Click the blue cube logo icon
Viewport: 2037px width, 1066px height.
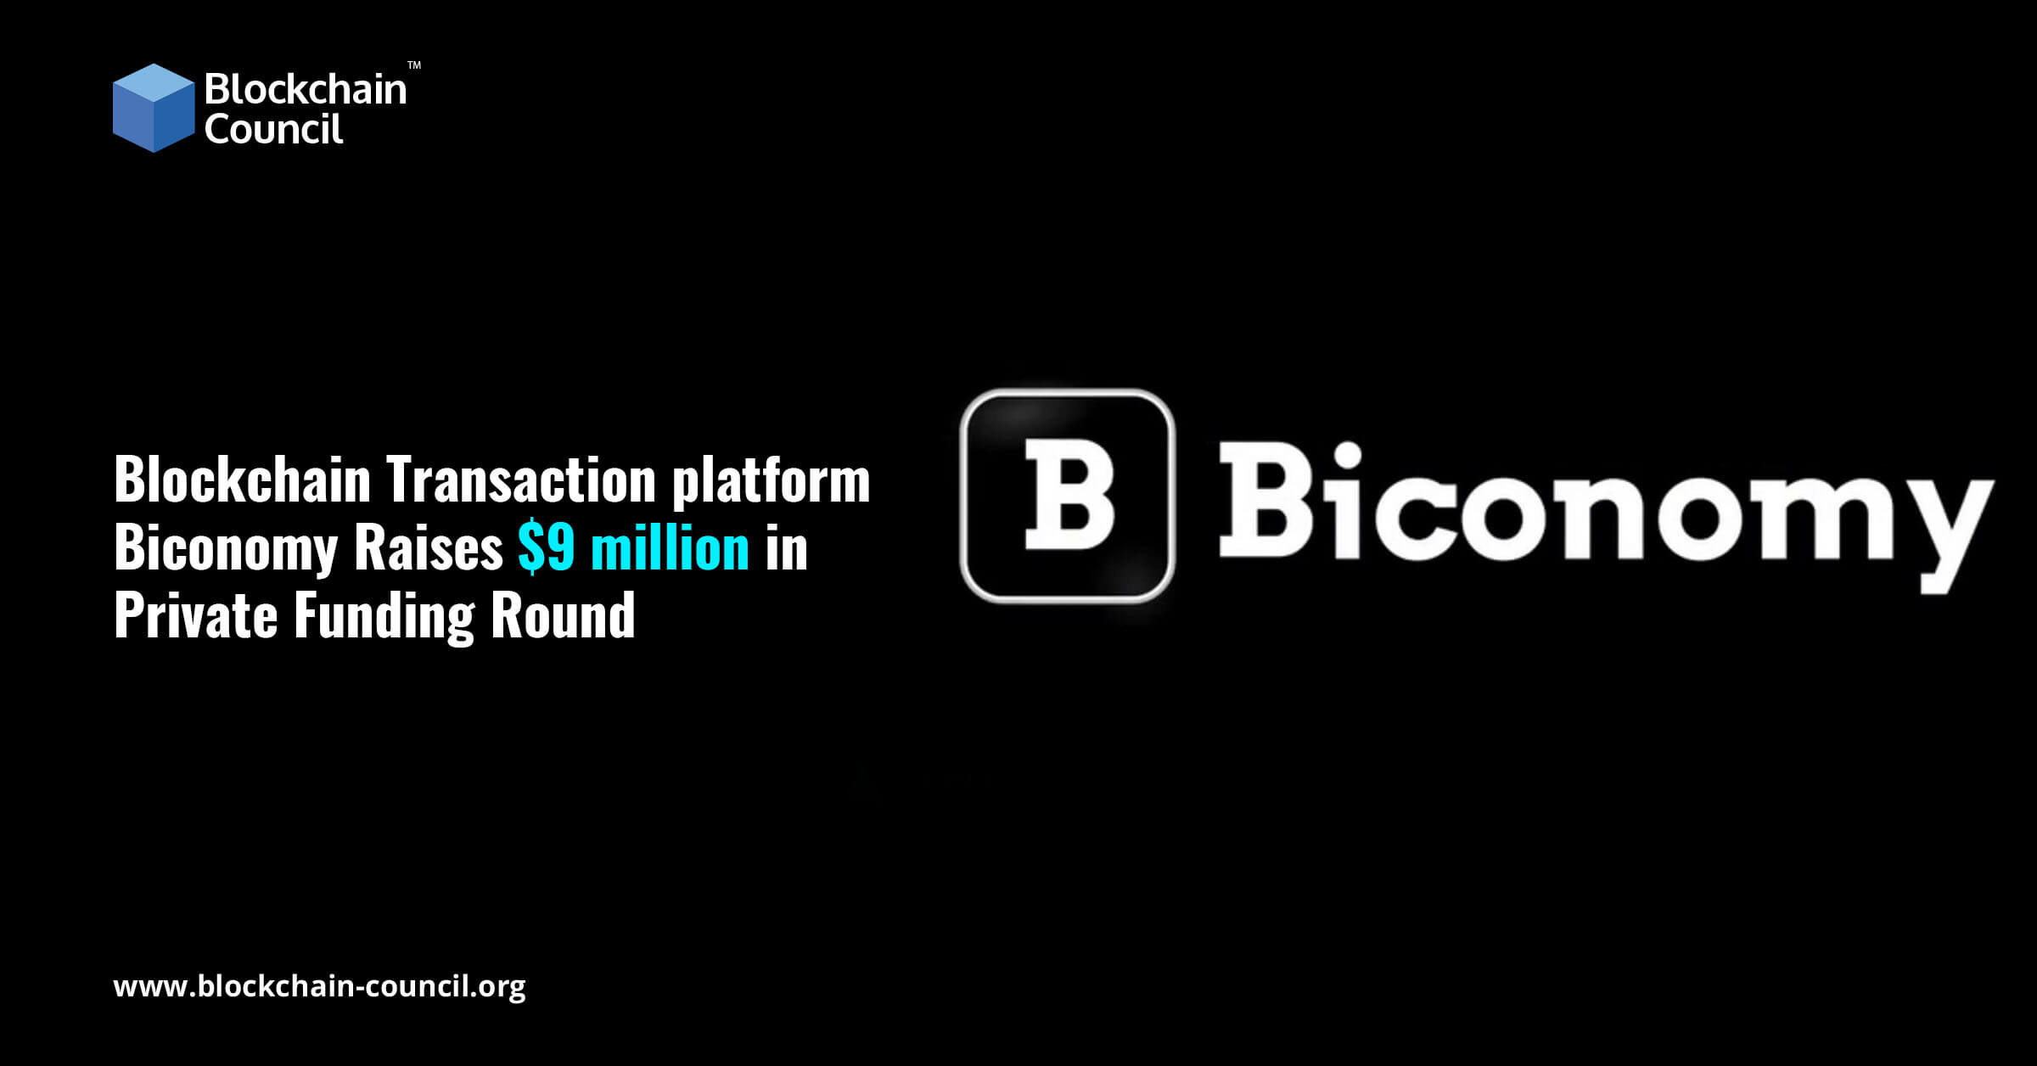tap(154, 108)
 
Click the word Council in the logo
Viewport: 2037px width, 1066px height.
tap(273, 129)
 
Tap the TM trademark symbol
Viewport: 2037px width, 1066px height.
tap(414, 65)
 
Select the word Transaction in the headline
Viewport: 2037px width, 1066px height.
tap(521, 480)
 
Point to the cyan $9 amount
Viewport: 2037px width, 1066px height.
tap(547, 548)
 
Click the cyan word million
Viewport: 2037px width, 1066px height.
tap(670, 548)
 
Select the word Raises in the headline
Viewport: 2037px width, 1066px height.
tap(429, 548)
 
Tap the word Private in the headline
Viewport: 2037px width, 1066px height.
tap(196, 615)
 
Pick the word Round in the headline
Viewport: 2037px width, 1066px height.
tap(563, 615)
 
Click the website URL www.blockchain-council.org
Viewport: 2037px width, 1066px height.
tap(319, 986)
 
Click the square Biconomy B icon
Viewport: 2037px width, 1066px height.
tap(1068, 496)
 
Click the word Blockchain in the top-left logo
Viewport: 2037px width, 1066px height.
tap(306, 89)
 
